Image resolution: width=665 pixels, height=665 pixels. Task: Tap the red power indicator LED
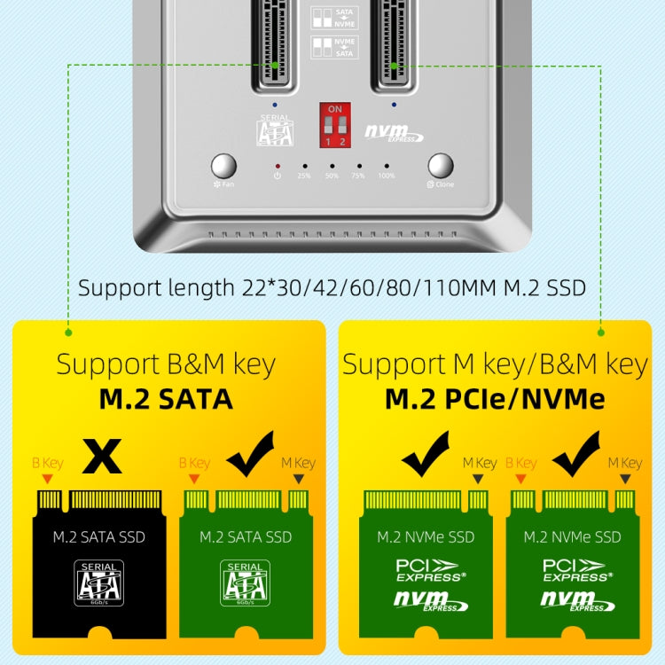pos(278,166)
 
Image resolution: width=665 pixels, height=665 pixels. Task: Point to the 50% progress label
pos(332,176)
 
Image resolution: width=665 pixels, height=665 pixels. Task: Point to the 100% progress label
pos(387,176)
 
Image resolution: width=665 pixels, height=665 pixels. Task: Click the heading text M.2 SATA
pos(166,399)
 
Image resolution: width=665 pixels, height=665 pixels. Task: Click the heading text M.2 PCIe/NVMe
pos(495,399)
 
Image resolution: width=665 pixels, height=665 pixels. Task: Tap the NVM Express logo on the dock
pos(395,133)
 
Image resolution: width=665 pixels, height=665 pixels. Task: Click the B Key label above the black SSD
pos(47,463)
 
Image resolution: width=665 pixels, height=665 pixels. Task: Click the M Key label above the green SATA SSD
pos(298,463)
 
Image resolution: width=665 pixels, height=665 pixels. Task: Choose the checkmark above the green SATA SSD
pos(251,456)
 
